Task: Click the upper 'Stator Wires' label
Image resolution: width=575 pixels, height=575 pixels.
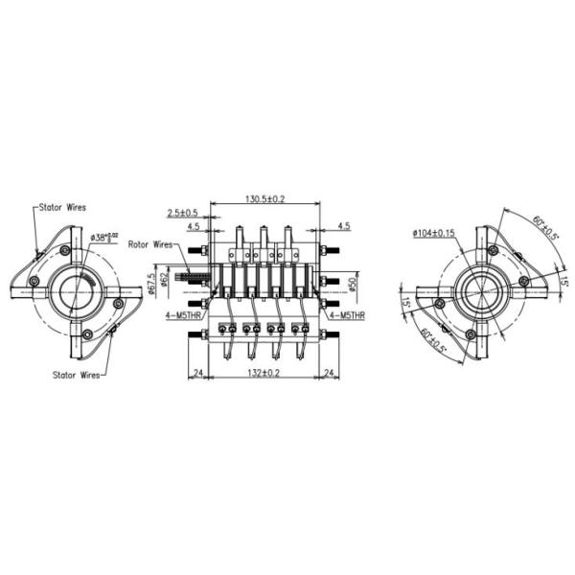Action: pos(63,207)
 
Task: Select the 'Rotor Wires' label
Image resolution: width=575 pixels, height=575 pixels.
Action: pos(151,244)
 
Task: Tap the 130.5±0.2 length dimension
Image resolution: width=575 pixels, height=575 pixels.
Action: pos(265,198)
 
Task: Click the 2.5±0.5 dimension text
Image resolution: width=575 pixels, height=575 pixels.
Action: pos(182,213)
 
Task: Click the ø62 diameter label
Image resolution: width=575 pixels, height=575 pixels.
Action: pos(164,280)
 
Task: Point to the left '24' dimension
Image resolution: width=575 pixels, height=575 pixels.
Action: pos(197,373)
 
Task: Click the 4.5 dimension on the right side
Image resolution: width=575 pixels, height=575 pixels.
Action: pos(343,227)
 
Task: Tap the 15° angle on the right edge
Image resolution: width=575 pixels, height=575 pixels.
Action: pos(564,282)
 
